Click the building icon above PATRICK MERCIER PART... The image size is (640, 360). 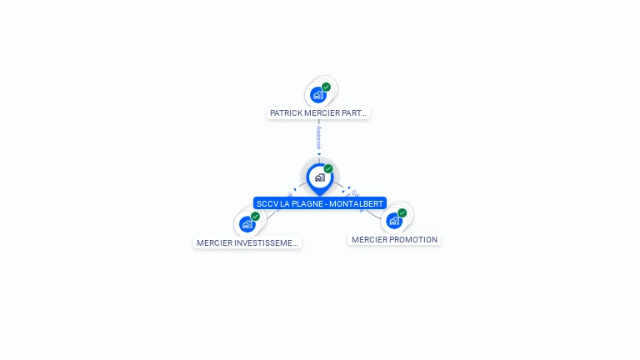[317, 95]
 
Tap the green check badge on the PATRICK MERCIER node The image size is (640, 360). [326, 87]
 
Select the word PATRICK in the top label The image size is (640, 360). [284, 112]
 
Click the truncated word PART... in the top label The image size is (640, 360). [354, 112]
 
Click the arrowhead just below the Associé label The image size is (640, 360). [318, 154]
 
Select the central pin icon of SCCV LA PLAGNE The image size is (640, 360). [319, 177]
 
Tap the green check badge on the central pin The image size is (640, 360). [328, 169]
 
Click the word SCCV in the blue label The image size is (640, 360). [267, 203]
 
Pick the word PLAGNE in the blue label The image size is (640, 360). [306, 203]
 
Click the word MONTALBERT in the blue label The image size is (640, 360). [358, 203]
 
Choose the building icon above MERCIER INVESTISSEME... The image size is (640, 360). [247, 224]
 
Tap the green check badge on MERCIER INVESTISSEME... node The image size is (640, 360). [255, 217]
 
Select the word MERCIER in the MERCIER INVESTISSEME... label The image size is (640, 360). [212, 243]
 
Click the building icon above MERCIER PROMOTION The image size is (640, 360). [393, 221]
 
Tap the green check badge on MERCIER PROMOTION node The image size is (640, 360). [402, 213]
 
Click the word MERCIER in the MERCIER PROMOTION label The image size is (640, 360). [367, 240]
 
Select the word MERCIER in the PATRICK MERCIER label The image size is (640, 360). [320, 112]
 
